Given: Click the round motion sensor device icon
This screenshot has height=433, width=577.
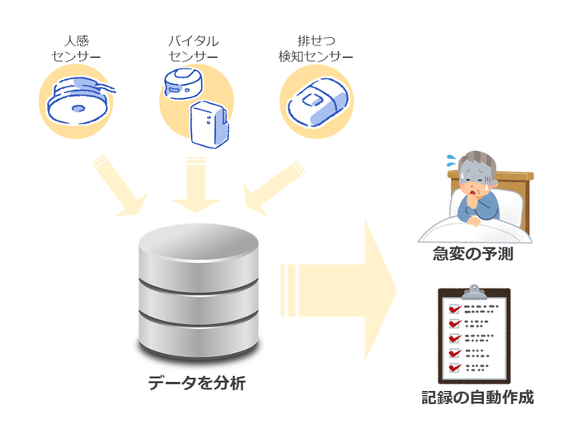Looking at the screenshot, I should pyautogui.click(x=77, y=100).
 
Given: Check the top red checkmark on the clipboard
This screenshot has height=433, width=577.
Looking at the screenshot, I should pyautogui.click(x=453, y=309).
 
